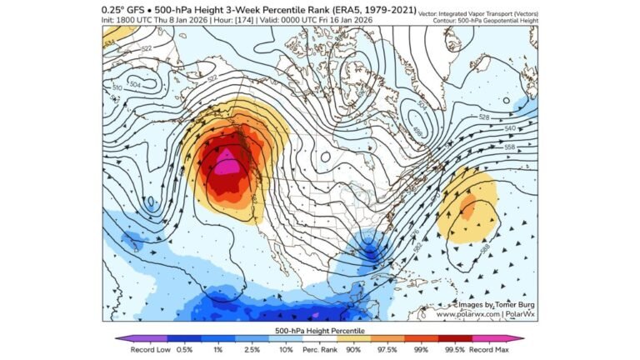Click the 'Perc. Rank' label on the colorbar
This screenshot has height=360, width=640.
click(320, 350)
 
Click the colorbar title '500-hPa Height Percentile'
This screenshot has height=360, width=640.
click(319, 330)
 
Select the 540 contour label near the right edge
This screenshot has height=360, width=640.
click(511, 128)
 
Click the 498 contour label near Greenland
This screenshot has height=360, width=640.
click(417, 130)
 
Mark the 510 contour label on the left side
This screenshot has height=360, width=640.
click(117, 86)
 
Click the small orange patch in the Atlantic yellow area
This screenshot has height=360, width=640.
click(469, 202)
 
